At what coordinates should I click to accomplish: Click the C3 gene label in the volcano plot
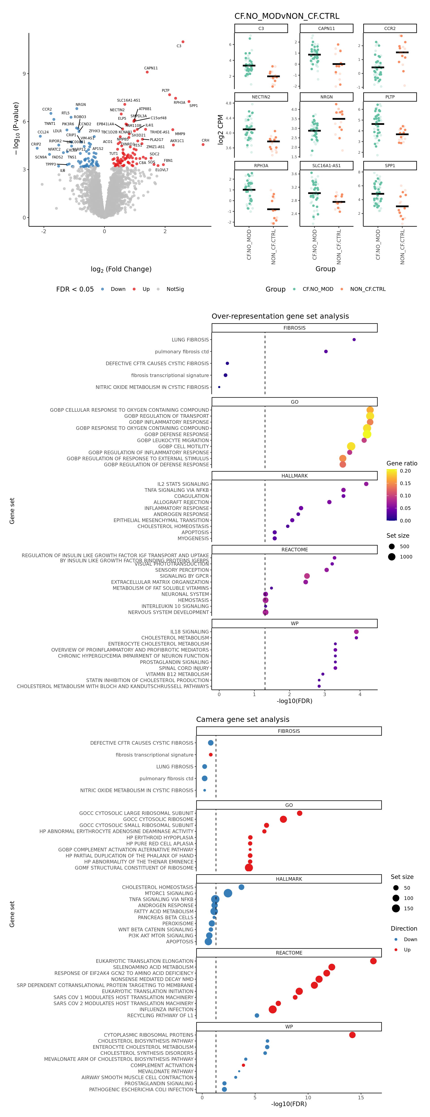point(179,46)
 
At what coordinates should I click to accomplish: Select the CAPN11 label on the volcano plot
point(151,68)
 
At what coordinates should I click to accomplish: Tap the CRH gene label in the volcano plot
point(205,141)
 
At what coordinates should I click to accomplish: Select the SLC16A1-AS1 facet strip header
point(326,166)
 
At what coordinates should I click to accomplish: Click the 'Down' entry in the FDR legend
point(118,289)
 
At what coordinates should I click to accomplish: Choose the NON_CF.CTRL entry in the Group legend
point(368,289)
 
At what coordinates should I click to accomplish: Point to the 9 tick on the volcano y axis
point(24,74)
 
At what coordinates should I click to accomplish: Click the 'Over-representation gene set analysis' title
point(280,316)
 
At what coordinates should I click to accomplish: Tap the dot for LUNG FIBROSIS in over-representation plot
point(354,339)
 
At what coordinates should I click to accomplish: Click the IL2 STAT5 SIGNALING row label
point(183,484)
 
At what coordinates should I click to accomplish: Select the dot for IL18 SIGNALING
point(356,632)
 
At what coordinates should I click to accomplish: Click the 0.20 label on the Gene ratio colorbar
point(405,471)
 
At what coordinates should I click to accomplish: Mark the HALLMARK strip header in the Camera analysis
point(288,879)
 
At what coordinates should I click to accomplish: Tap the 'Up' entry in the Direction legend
point(407,950)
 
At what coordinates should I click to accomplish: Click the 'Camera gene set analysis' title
point(243,719)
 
